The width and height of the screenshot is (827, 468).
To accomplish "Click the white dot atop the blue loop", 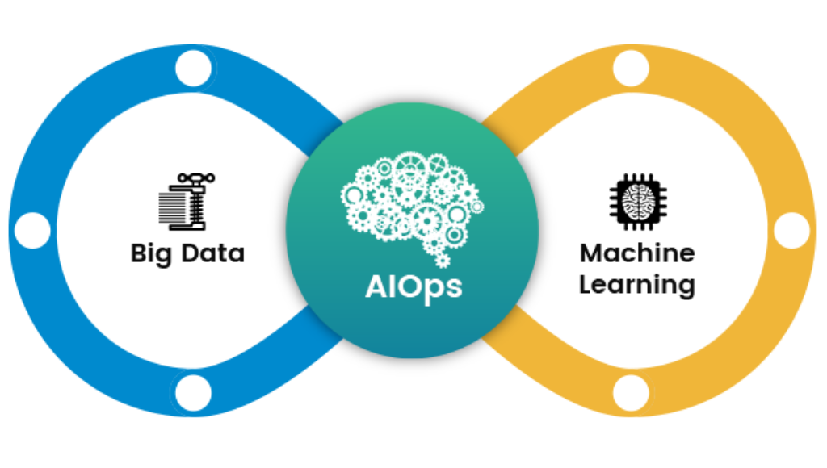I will coord(193,69).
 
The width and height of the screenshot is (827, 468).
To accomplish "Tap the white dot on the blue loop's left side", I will coord(32,231).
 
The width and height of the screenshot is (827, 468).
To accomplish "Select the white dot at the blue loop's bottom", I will coord(193,393).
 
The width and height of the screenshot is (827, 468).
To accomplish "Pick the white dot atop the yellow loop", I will coord(631,69).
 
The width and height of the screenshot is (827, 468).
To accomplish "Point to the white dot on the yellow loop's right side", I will coord(791,231).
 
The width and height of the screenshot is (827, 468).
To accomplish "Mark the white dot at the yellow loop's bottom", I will coord(631,393).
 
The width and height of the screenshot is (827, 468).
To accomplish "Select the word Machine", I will coord(637,253).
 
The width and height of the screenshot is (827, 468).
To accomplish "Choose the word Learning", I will coord(637,285).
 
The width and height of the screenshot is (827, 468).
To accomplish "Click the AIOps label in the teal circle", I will coord(413,287).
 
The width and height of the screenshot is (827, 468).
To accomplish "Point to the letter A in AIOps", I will coord(375,286).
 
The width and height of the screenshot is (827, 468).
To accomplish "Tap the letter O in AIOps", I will coord(405,286).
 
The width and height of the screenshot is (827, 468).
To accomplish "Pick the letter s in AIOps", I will coord(454,289).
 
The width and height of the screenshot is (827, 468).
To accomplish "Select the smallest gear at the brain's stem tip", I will coord(442,261).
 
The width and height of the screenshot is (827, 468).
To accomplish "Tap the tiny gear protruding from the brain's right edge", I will coord(477,207).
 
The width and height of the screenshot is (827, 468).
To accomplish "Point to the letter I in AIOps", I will coord(388,286).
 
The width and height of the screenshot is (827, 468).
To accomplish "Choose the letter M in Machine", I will coord(591,253).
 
